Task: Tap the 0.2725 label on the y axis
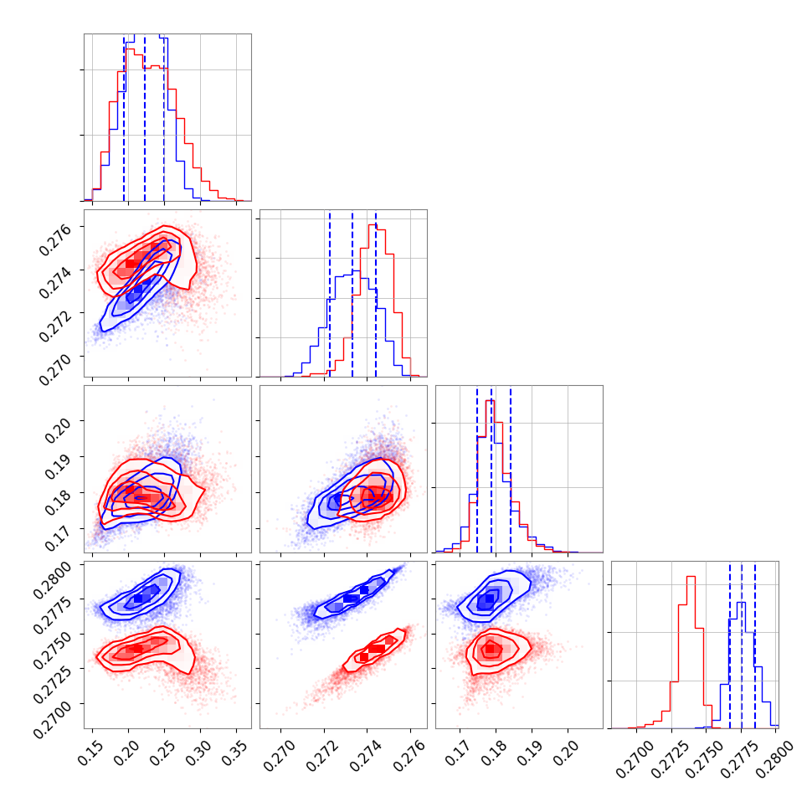pos(56,676)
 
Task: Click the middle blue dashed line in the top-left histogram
pos(145,117)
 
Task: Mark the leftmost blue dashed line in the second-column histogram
pos(330,293)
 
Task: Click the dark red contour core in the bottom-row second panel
pos(374,649)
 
